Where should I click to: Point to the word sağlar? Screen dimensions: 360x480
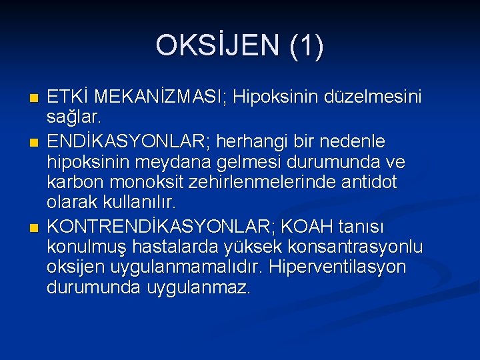click(x=73, y=119)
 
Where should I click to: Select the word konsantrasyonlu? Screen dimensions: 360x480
click(x=351, y=247)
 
